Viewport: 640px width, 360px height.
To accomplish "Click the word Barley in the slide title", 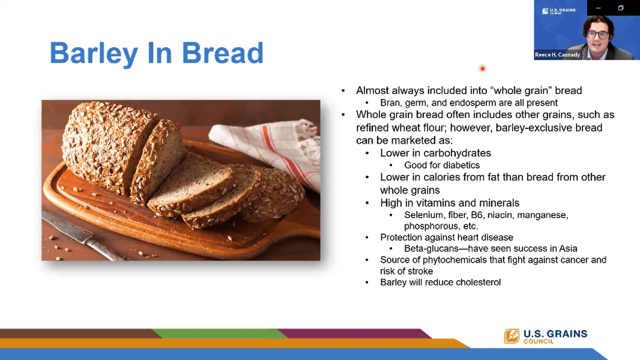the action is click(x=94, y=53).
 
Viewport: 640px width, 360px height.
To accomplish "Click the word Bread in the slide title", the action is click(x=223, y=53).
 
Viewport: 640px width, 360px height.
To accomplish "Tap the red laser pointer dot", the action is click(x=482, y=68).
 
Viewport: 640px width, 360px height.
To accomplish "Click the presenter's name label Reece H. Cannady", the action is click(x=557, y=55).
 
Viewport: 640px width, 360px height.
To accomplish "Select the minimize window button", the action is click(x=598, y=8).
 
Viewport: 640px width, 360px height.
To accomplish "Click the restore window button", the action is click(x=620, y=8).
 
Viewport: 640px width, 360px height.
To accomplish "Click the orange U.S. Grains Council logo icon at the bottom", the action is click(x=512, y=336).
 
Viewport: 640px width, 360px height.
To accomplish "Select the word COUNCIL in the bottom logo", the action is click(x=539, y=341).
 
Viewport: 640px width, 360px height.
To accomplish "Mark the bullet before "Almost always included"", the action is click(x=343, y=91).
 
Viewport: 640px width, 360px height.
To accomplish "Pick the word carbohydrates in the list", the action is click(x=457, y=153).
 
